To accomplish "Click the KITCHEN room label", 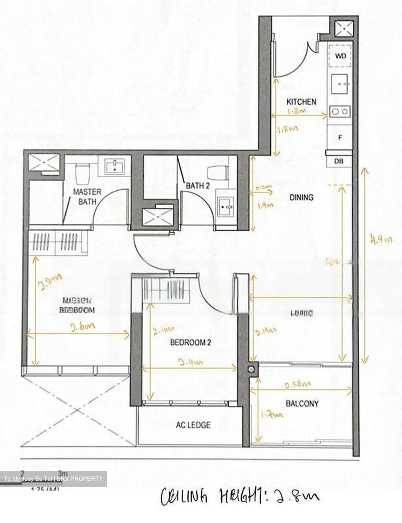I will (301, 102).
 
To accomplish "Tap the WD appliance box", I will (340, 56).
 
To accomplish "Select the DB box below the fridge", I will (339, 161).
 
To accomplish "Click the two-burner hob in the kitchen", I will (340, 112).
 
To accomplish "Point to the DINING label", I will (301, 198).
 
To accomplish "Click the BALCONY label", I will (302, 403).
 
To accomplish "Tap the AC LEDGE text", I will (193, 425).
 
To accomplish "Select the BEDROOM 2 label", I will (191, 342).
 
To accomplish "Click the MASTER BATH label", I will (87, 196).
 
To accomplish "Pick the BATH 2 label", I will (198, 186).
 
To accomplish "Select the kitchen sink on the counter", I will (340, 84).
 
